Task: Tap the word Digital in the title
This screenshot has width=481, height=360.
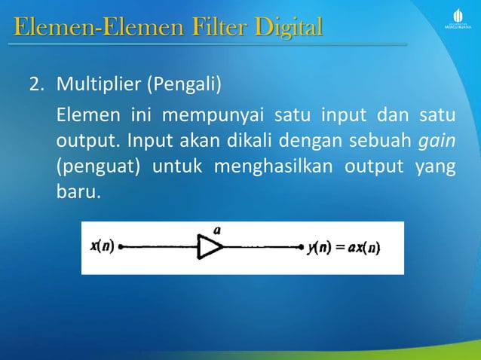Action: [289, 29]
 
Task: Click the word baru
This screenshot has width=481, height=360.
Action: [78, 189]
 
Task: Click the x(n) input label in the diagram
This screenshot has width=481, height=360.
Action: [102, 246]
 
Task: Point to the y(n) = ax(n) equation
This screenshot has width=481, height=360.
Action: [343, 247]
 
